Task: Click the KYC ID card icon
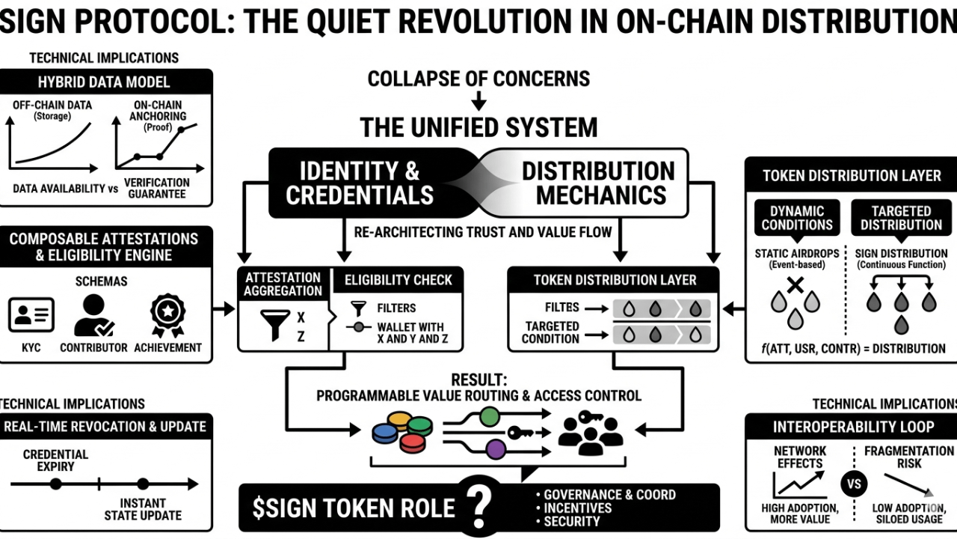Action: coord(31,315)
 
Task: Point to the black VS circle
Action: coord(853,484)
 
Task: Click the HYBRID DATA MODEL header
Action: coord(104,82)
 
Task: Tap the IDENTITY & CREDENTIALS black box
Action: coord(360,183)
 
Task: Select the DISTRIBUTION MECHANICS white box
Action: coord(598,183)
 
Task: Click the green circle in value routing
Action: coord(489,416)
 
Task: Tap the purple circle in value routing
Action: coord(495,449)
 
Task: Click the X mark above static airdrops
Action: coord(795,284)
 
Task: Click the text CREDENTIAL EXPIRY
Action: coord(55,460)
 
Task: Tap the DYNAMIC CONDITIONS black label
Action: coord(797,218)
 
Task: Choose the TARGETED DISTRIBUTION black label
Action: coord(901,218)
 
